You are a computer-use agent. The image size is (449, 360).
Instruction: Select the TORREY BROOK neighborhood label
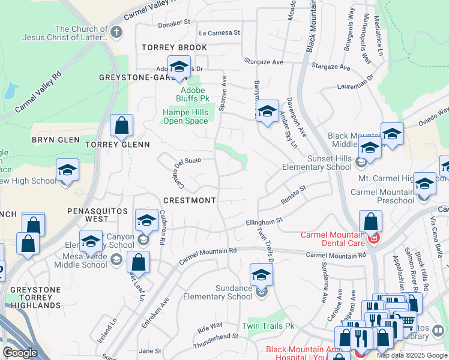pos(174,47)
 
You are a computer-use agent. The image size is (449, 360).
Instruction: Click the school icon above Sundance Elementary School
pos(261,275)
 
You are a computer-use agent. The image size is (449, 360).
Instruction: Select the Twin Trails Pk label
pos(268,326)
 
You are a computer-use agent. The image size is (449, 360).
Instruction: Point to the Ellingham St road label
pos(264,222)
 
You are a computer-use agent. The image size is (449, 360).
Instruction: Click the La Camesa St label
pos(219,32)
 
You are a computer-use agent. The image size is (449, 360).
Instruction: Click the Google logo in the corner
pos(19,352)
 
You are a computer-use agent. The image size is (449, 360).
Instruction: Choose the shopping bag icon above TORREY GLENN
pos(121,126)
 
